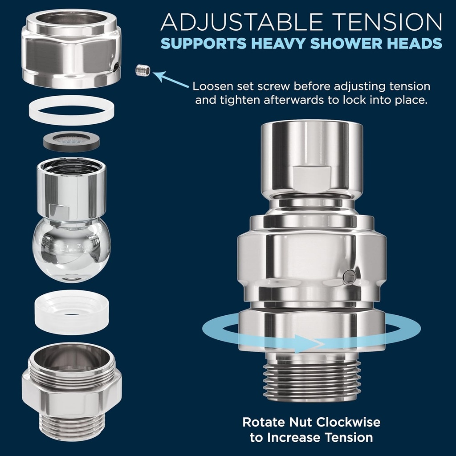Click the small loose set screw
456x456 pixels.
pyautogui.click(x=143, y=70)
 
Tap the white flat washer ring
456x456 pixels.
pyautogui.click(x=72, y=118)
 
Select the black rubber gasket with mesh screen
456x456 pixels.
pyautogui.click(x=71, y=141)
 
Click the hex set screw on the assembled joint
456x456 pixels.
pyautogui.click(x=349, y=277)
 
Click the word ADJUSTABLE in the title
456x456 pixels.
pyautogui.click(x=241, y=22)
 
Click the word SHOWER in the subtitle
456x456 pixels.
pyautogui.click(x=346, y=43)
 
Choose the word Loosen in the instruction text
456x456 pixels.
pyautogui.click(x=213, y=86)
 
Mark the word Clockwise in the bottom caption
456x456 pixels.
pyautogui.click(x=348, y=422)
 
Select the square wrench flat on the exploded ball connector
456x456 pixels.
pyautogui.click(x=59, y=211)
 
